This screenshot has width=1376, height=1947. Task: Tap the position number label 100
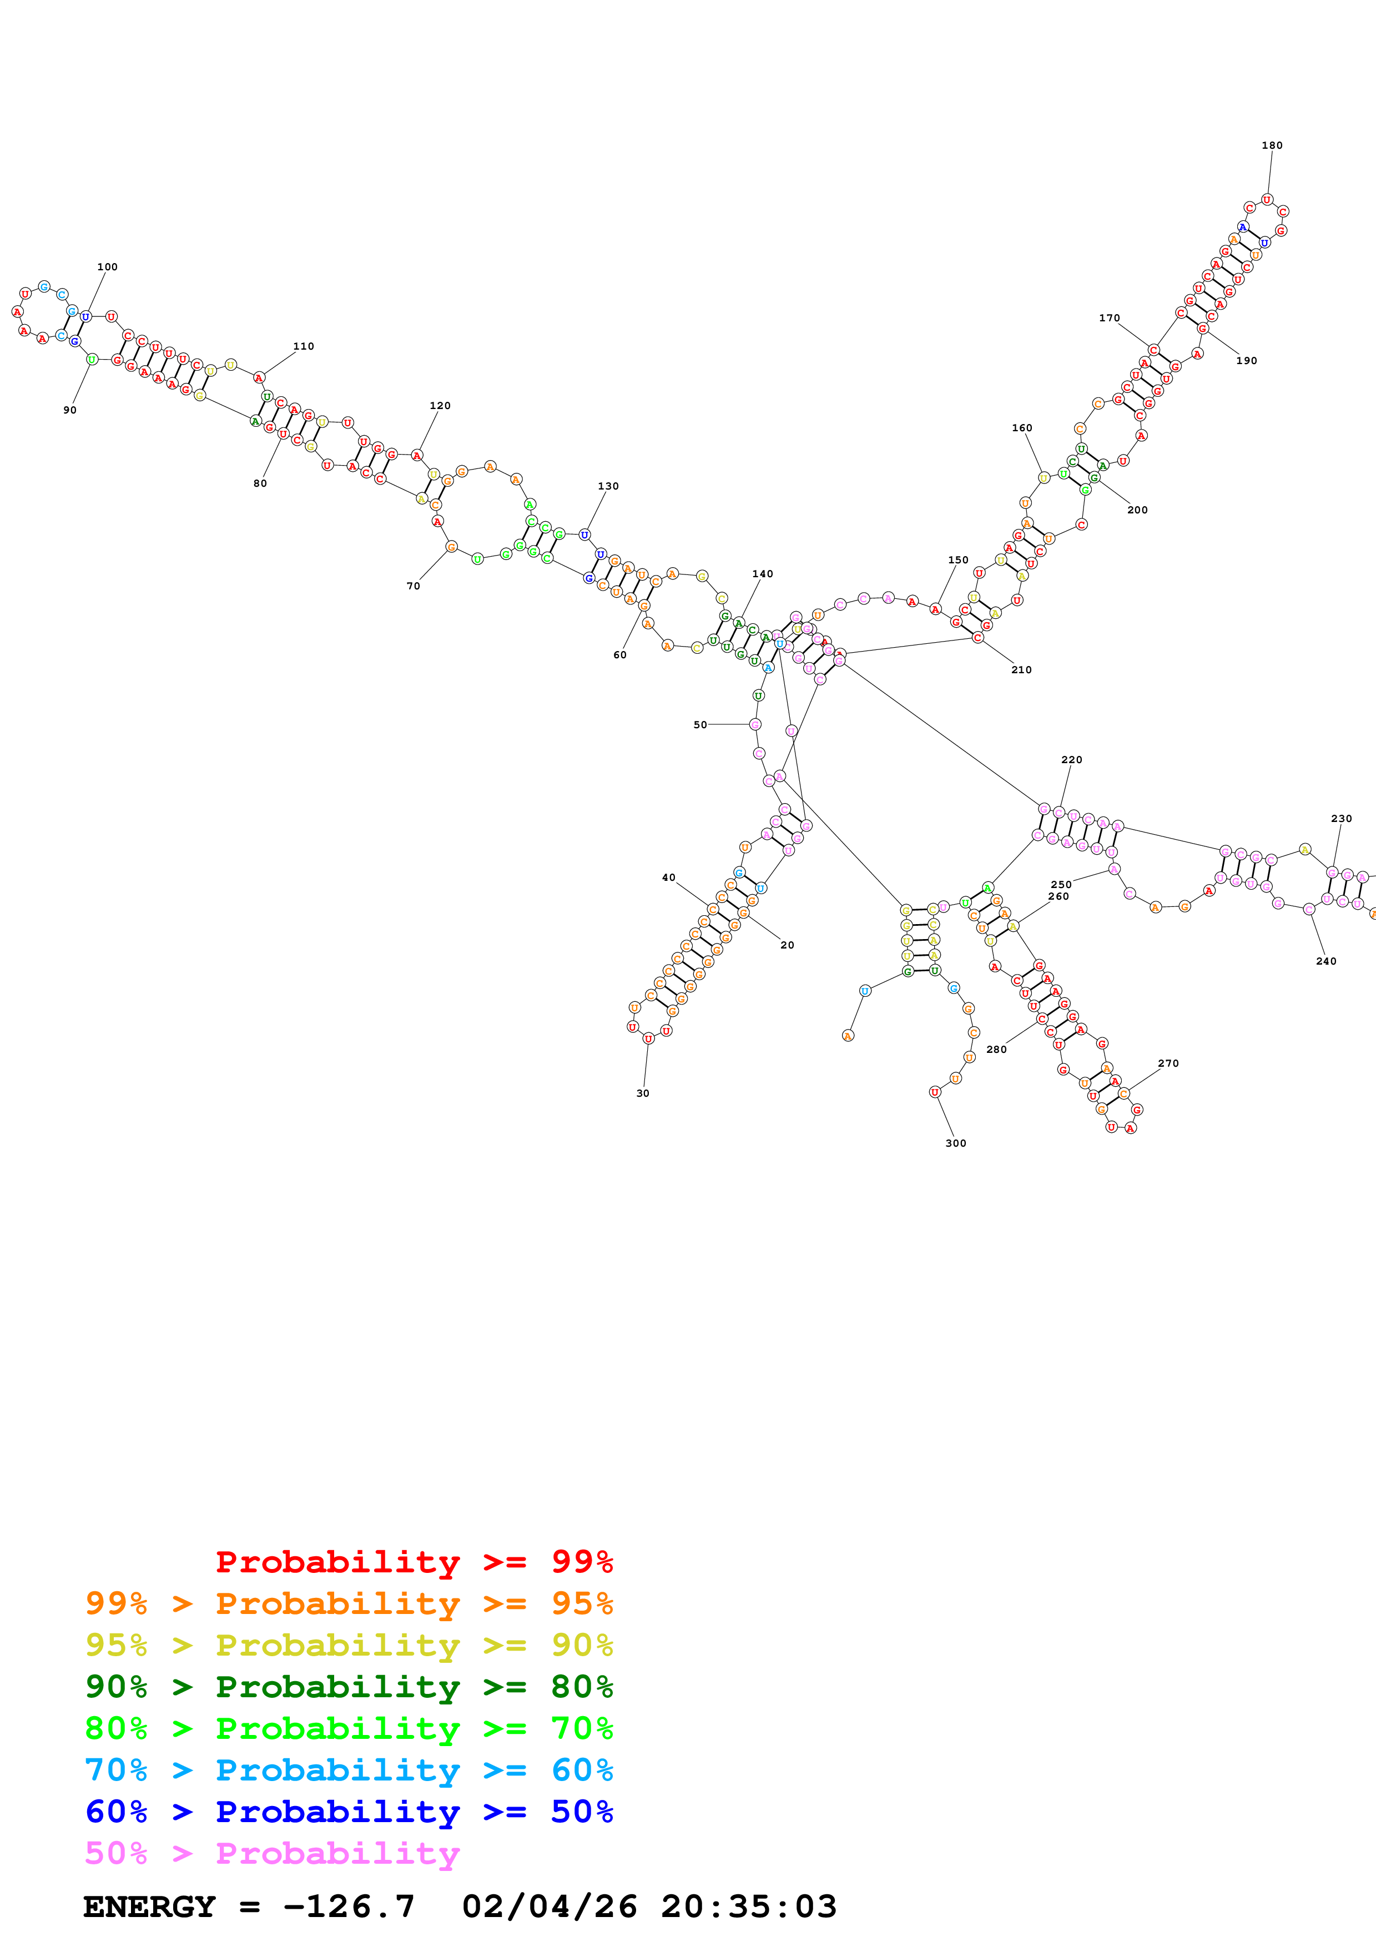[107, 267]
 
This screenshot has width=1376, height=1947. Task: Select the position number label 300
[955, 1143]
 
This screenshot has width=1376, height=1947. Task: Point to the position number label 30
[643, 1093]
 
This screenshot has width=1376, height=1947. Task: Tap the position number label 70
[413, 586]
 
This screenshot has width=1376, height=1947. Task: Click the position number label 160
[1022, 428]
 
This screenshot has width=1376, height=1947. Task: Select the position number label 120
[440, 405]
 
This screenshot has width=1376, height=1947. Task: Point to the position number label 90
[69, 410]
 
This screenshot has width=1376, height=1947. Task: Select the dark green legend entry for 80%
[349, 1687]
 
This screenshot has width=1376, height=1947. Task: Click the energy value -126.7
[349, 1906]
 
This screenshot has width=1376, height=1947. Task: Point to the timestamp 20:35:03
[749, 1906]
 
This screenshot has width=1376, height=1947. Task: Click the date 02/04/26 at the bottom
[550, 1906]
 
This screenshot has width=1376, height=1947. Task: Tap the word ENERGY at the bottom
[149, 1906]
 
